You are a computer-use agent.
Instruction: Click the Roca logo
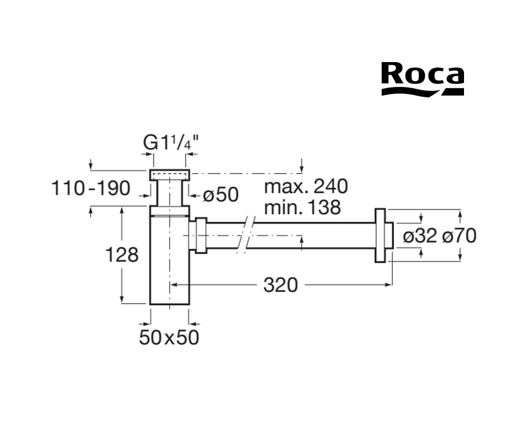pos(422,79)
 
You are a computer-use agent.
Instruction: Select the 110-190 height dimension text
pos(91,188)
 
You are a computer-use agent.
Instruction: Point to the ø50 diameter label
pos(220,195)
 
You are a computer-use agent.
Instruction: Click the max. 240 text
pos(305,186)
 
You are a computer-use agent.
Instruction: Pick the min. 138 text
pos(302,207)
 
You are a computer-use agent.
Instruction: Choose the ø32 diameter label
pos(420,236)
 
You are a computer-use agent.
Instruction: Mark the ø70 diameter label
pos(459,236)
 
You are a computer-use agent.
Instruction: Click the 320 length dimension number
pos(280,285)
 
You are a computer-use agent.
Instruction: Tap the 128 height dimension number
pos(122,255)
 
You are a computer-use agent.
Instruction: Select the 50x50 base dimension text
pos(169,338)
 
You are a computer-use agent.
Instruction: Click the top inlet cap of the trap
pos(170,174)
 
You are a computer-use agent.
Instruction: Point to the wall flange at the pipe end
pos(382,235)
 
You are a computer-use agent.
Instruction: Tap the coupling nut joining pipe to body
pos(200,235)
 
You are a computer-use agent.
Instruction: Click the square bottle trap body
pos(170,261)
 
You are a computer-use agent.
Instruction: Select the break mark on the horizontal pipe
pos(245,235)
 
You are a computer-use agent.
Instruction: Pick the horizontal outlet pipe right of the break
pos(313,235)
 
